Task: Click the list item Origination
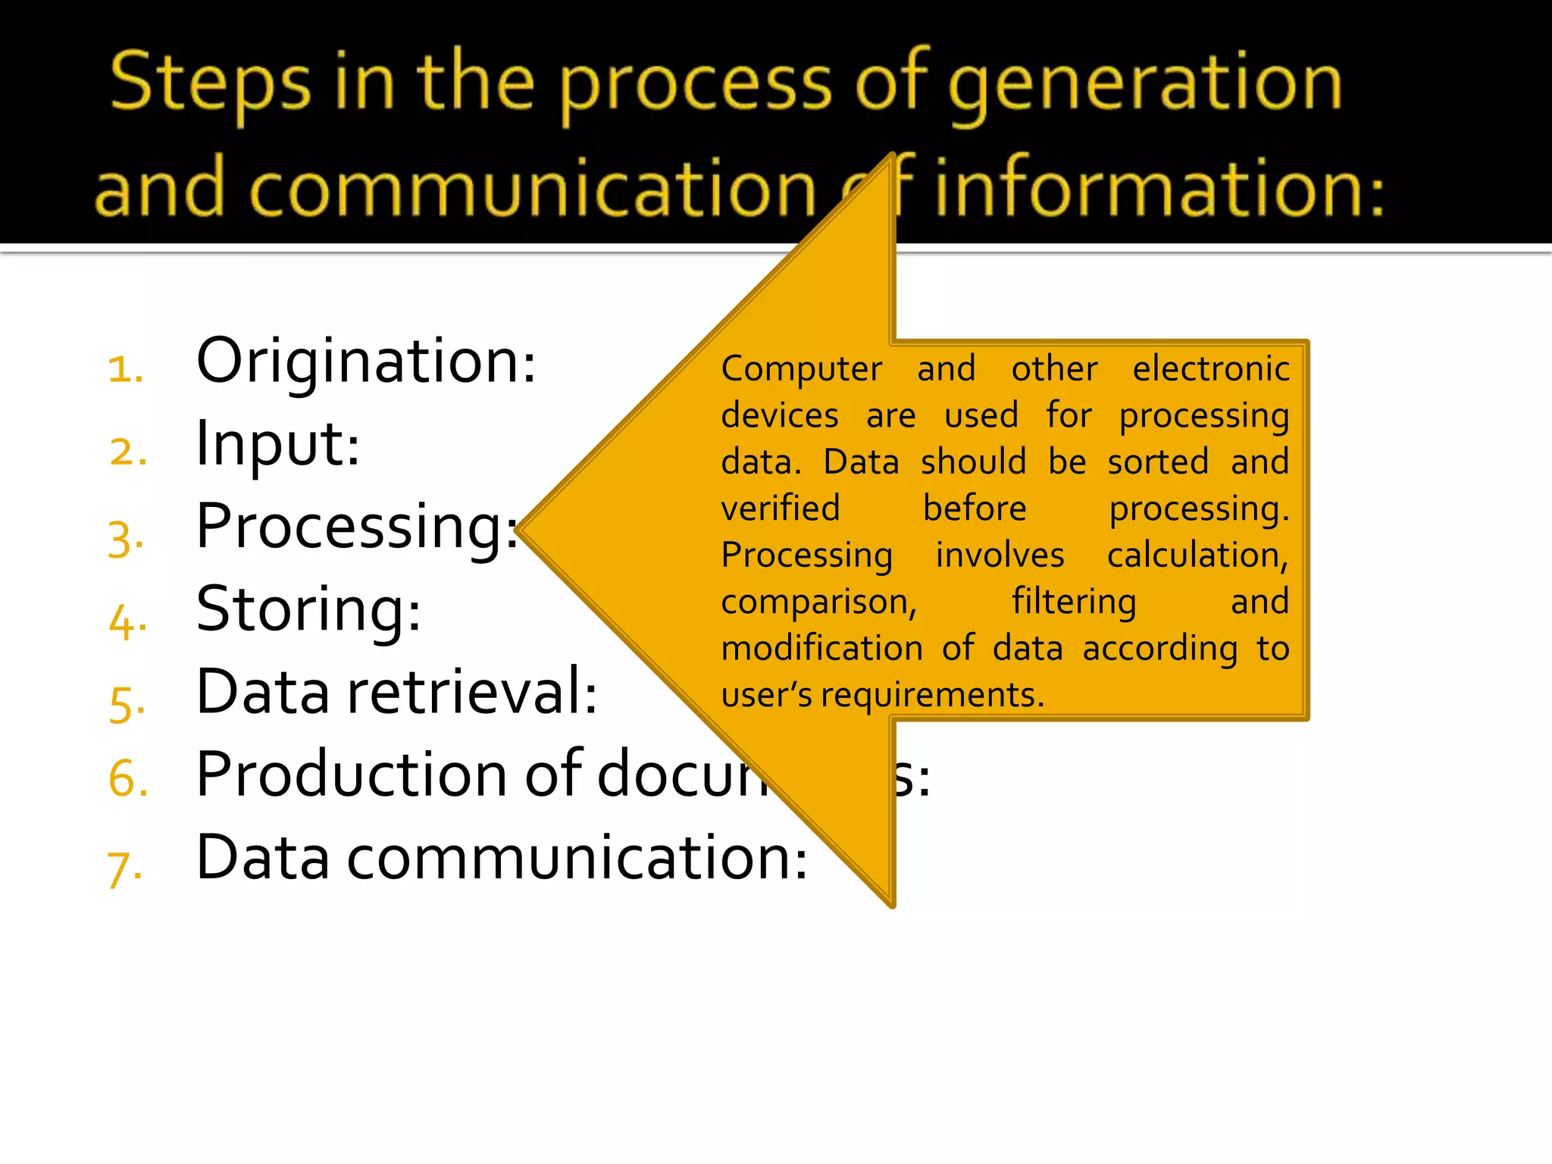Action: pos(365,361)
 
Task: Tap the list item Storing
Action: pos(308,609)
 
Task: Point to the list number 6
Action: pos(127,779)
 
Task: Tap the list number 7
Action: pos(124,868)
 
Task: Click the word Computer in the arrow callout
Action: pos(801,370)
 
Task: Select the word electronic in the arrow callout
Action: pos(1210,369)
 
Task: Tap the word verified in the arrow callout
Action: pos(780,508)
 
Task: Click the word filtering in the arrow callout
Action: pos(1074,602)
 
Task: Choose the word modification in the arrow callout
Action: pos(821,649)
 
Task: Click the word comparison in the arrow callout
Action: pos(818,602)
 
